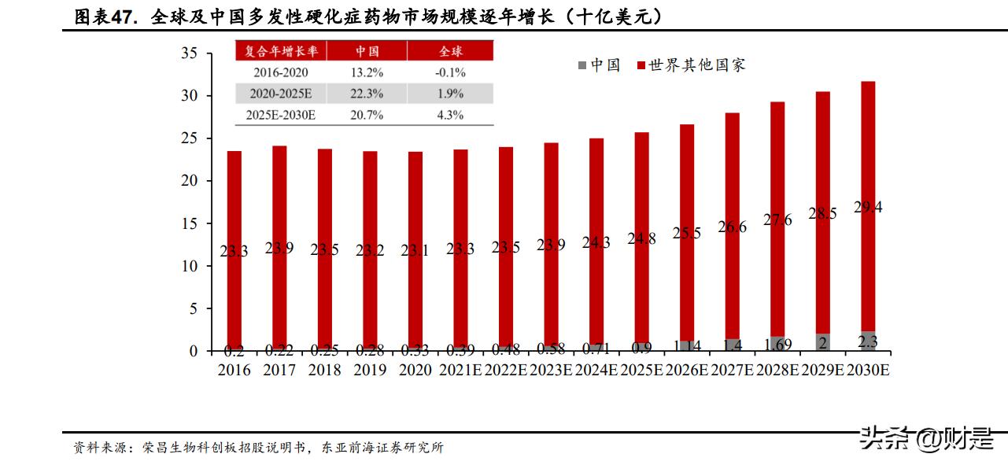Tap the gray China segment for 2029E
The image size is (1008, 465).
(822, 342)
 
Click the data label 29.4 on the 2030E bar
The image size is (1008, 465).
(868, 208)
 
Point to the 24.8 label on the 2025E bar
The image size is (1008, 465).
(642, 238)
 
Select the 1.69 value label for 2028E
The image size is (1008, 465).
(777, 344)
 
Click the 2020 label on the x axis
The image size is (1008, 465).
(415, 370)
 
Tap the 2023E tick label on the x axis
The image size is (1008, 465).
(551, 370)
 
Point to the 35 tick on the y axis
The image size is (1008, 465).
(188, 54)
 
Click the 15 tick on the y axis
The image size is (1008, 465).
(188, 223)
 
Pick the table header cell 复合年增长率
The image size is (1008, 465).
(281, 51)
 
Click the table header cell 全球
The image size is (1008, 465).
(450, 51)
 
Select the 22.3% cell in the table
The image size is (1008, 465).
(367, 94)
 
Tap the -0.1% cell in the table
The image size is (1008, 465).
(450, 72)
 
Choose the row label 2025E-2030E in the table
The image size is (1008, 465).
(281, 115)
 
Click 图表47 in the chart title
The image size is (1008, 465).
(102, 17)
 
